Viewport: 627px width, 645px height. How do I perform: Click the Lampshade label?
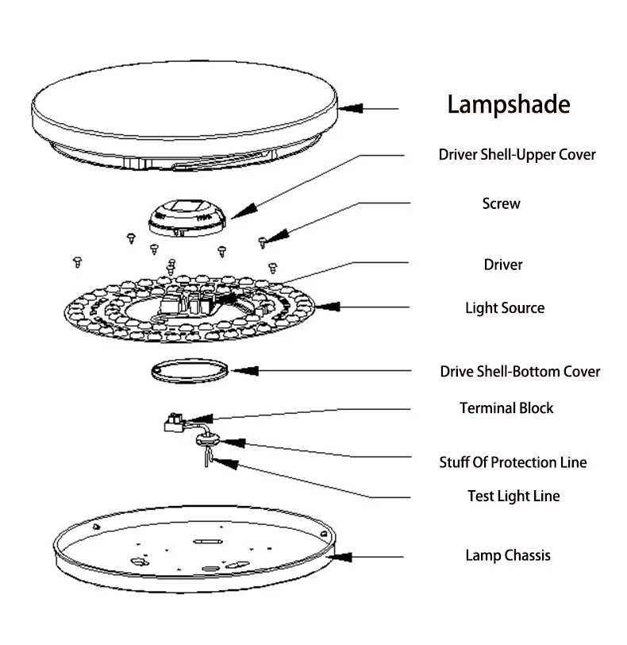pos(509,105)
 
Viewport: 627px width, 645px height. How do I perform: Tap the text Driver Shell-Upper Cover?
pos(517,154)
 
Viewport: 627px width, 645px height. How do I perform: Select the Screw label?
pos(501,203)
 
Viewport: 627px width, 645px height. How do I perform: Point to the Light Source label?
pos(505,307)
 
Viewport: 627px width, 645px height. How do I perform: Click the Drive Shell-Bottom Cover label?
pos(520,371)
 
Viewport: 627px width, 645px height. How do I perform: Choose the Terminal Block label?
pos(506,408)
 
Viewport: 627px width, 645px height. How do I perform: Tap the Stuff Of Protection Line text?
pos(513,462)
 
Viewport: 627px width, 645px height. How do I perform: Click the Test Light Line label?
pos(514,496)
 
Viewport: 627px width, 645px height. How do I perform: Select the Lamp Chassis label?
pos(507,555)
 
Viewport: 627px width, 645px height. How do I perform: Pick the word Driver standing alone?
pos(503,264)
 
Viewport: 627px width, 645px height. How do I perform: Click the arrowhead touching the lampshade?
pos(350,107)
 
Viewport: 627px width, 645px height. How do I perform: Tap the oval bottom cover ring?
pos(190,371)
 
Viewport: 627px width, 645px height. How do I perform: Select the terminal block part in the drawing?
pos(172,421)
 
